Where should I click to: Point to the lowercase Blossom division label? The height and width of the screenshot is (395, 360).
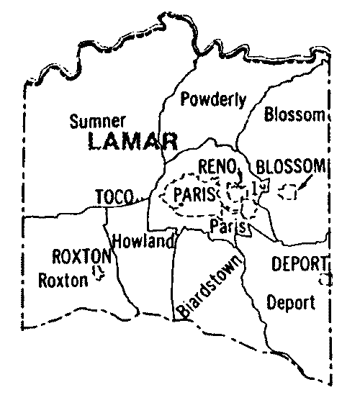(294, 114)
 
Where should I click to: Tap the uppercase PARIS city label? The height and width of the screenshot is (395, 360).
(190, 194)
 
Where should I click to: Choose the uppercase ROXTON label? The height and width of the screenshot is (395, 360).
(81, 255)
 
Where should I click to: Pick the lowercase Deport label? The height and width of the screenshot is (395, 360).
(290, 301)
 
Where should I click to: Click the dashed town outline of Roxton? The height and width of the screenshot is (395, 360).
(102, 273)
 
